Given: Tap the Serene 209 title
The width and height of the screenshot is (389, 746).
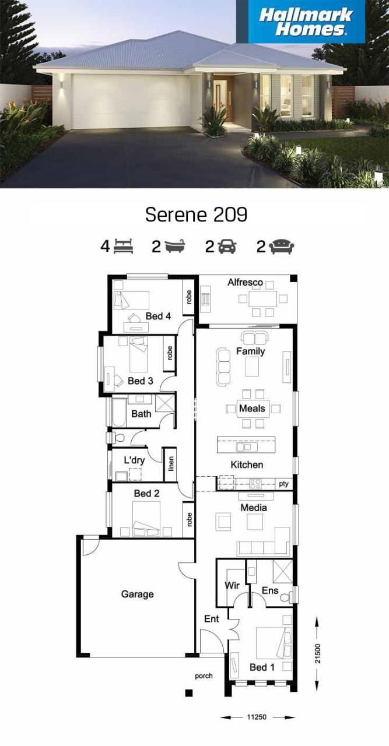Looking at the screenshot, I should point(196,214).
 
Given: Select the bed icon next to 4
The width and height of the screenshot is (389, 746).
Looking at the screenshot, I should point(123,247).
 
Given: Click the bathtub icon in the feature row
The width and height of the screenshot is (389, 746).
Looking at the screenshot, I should point(174,247).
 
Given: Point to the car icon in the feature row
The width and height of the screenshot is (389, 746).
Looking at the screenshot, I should point(227,247).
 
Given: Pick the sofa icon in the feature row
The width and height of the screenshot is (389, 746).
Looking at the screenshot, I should point(282,247).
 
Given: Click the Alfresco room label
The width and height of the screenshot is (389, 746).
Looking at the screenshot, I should point(245,283).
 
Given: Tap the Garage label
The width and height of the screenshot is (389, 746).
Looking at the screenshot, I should point(138,594).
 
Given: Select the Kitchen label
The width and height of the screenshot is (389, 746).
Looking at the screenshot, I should point(247,465).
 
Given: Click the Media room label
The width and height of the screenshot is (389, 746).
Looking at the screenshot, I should point(254,508).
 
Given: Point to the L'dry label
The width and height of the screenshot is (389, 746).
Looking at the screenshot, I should point(134,460).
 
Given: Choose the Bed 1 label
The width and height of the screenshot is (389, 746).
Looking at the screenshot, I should point(262,667).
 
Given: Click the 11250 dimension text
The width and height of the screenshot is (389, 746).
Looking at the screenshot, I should point(257,717).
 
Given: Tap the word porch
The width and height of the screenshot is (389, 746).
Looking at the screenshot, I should point(204,676).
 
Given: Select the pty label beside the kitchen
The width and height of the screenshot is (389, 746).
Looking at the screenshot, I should point(283,484).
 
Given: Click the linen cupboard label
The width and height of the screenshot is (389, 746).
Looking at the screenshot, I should point(171,465).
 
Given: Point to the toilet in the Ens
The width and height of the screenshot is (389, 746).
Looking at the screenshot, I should point(286,598).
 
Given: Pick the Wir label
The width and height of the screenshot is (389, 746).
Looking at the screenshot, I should point(232,585).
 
